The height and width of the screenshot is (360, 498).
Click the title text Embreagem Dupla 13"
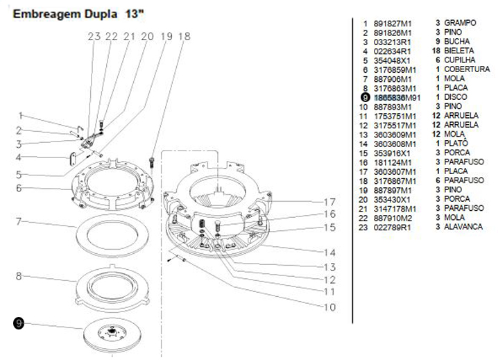[82, 13]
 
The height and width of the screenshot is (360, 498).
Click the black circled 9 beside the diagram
[19, 323]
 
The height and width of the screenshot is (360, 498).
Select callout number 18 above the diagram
[184, 37]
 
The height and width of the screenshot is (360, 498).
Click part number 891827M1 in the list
[392, 23]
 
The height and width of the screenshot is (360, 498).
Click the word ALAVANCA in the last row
[463, 227]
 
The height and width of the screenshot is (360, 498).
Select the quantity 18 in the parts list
[436, 51]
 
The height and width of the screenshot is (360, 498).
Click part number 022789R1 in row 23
[393, 227]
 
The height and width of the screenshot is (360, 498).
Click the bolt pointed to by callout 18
[152, 162]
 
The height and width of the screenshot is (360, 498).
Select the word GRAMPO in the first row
[461, 23]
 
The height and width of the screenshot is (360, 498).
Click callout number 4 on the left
[21, 157]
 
